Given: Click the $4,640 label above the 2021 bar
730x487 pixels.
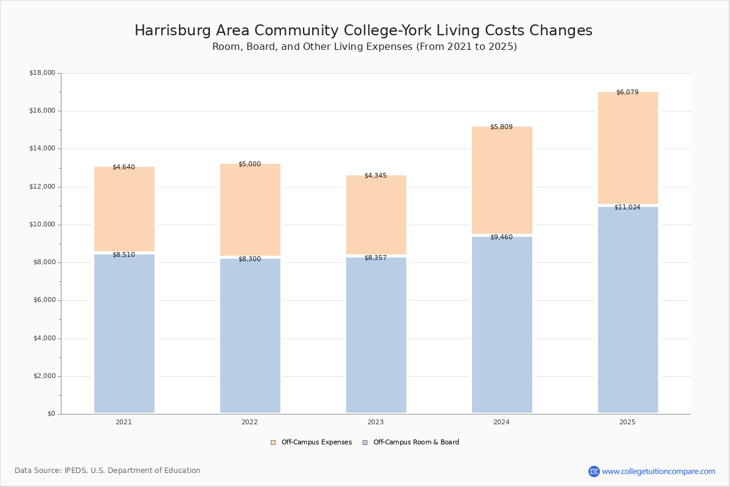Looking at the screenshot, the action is pos(123,167).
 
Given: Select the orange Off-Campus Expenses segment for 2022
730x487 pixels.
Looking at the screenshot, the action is pos(250,209).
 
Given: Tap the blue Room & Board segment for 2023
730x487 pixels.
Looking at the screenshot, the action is pos(376,335).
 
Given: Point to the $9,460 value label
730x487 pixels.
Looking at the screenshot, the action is pos(501,237).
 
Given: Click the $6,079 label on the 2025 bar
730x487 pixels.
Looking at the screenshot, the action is pos(627,93).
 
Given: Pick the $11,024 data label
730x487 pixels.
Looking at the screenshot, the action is pos(627,207).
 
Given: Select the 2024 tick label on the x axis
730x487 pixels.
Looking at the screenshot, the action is pos(501,422).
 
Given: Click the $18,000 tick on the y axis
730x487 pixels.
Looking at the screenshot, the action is pos(43,72).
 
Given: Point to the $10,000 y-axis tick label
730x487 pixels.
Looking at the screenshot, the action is pos(43,225).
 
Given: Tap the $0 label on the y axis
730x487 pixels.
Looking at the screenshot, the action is pos(52,414).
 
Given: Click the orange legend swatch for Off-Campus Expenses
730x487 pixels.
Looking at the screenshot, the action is pos(273,443).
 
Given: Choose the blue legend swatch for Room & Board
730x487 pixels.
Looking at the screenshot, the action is pos(365,443).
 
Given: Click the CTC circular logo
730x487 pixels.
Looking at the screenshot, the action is pos(594,471).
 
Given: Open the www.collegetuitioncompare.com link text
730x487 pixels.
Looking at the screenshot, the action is pos(659,471).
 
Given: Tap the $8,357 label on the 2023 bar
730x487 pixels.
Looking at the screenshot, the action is pos(375,258).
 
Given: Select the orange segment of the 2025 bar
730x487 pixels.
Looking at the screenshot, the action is pos(628,148).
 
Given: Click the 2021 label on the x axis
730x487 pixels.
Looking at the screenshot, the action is pos(123,422).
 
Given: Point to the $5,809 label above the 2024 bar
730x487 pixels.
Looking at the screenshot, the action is pos(501,127).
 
